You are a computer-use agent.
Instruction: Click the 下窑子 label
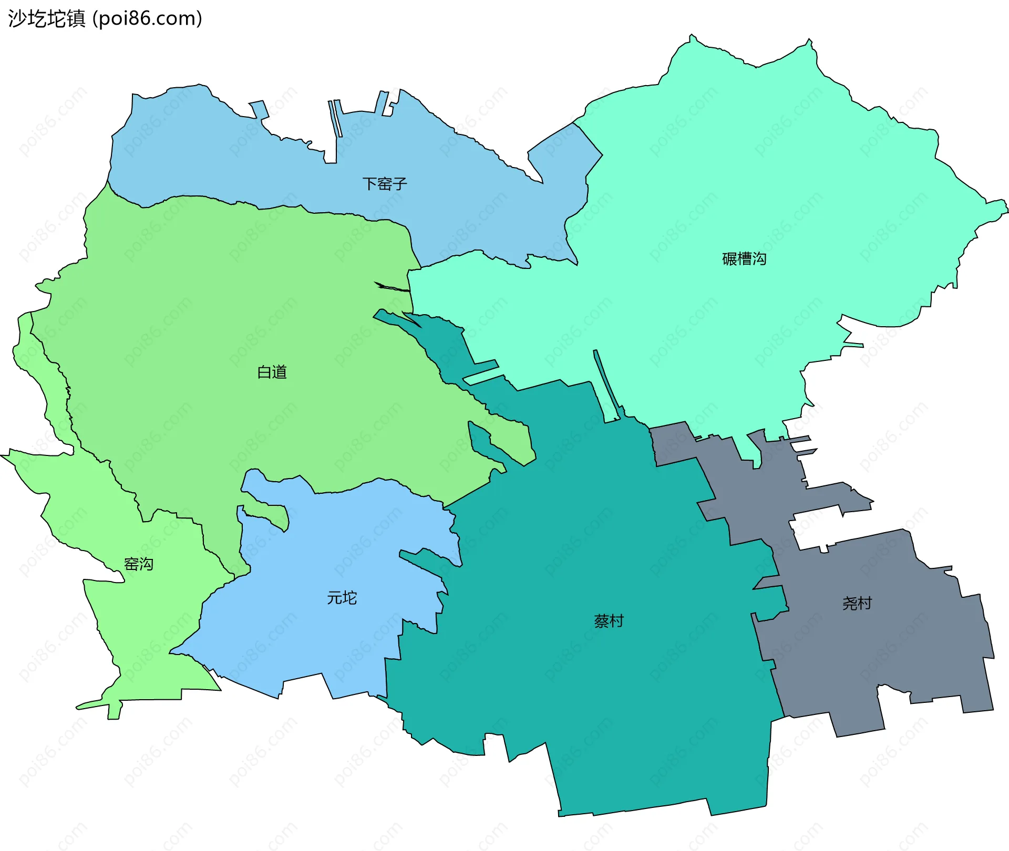tap(385, 184)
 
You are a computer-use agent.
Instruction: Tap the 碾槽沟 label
tap(744, 258)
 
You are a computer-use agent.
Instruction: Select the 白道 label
tap(272, 372)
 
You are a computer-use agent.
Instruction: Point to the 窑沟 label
tap(138, 564)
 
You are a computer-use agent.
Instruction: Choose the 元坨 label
tap(342, 598)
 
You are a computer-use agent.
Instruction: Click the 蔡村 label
tap(609, 621)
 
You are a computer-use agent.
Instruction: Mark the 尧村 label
tap(857, 603)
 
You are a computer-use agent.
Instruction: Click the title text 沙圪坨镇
tap(47, 19)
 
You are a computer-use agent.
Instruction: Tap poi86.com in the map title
tap(147, 19)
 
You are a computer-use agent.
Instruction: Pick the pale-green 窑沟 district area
tap(152, 630)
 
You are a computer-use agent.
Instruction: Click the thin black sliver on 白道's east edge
tap(392, 287)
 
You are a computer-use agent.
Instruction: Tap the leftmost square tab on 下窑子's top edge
tap(258, 109)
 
